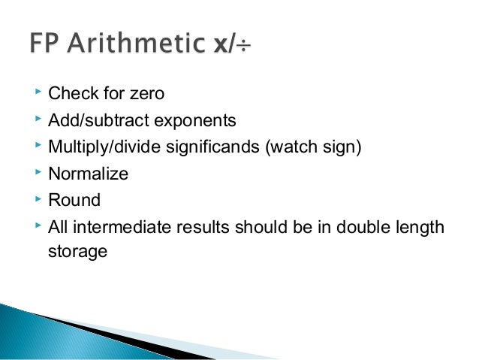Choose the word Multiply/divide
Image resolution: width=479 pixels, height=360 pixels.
[x=97, y=147]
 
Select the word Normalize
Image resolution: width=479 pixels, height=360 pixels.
[x=88, y=174]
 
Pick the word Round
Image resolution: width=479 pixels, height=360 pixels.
[x=74, y=200]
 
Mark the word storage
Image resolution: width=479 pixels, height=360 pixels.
[x=77, y=251]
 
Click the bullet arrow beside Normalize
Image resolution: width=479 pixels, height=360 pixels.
[x=38, y=173]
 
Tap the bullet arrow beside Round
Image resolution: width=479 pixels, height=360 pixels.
[x=38, y=199]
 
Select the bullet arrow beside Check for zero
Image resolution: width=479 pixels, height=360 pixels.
[x=38, y=93]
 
